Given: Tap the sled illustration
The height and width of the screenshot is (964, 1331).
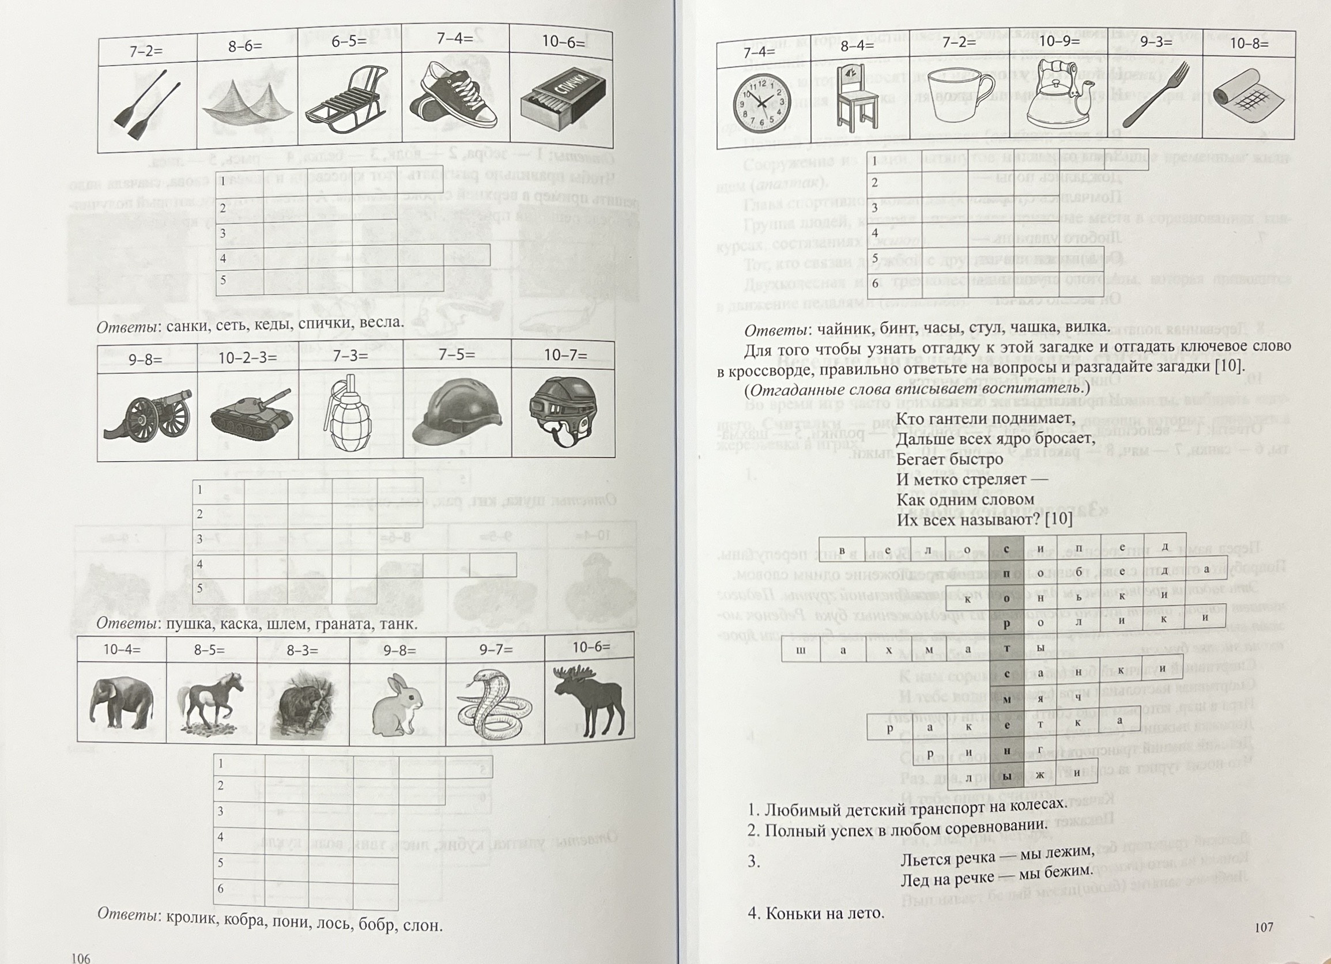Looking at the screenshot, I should (347, 103).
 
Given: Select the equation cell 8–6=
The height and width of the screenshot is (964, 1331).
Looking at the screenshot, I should (246, 46).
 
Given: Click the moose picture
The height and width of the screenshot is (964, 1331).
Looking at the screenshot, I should (589, 700).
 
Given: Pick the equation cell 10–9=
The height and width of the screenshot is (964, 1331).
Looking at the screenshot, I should (1054, 42).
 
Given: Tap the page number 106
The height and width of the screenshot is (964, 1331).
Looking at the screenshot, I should (80, 958).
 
